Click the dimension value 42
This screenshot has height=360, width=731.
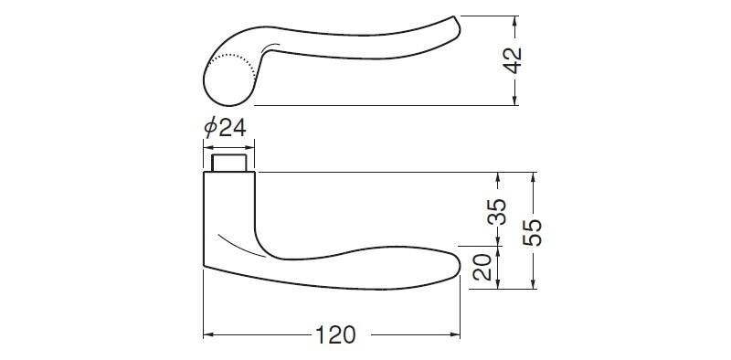coord(513,60)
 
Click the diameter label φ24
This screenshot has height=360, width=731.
coord(225,127)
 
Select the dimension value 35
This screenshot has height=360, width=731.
coord(497,212)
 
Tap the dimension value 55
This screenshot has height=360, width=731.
coord(533,232)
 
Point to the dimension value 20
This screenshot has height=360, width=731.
coord(482,267)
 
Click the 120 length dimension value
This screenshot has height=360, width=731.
coord(335,334)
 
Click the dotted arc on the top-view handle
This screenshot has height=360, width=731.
coord(237,63)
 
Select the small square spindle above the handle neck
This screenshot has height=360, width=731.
coord(229,164)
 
